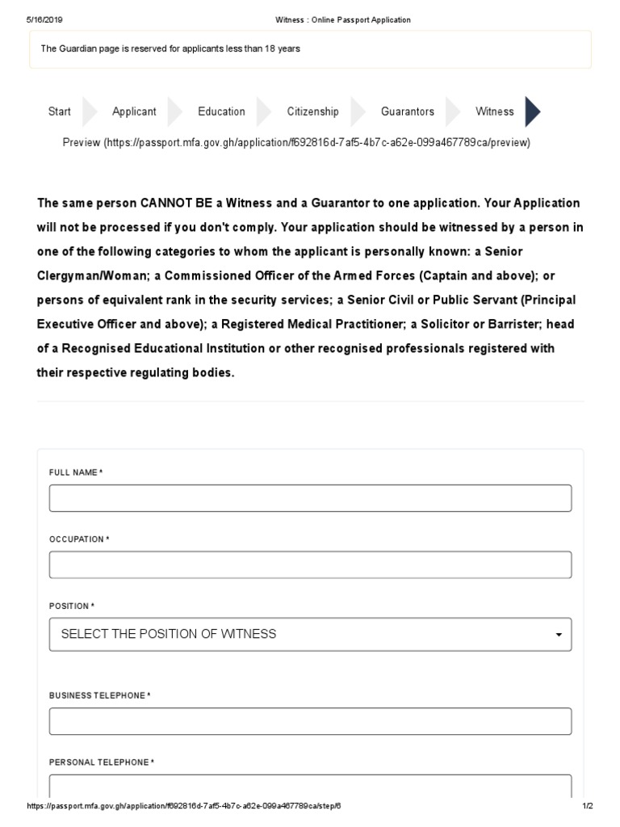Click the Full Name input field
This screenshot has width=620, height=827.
point(310,498)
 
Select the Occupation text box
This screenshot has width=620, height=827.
point(310,565)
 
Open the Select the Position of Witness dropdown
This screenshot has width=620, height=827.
point(310,634)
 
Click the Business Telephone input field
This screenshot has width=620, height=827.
point(310,721)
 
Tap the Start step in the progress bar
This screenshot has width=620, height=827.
point(59,111)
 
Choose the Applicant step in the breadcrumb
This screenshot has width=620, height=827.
point(134,111)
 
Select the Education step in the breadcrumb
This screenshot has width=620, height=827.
point(221,111)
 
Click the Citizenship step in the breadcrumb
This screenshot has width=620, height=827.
point(312,111)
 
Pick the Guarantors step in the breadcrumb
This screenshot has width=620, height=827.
point(407,111)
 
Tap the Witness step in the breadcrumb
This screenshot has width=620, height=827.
point(494,111)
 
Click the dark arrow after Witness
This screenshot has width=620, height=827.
point(532,111)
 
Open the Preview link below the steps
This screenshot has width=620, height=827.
point(296,143)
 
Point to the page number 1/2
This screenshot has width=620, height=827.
point(587,807)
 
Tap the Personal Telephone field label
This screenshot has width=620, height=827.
point(101,762)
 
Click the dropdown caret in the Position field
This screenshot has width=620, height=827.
point(559,635)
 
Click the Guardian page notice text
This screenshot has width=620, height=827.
point(170,48)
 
